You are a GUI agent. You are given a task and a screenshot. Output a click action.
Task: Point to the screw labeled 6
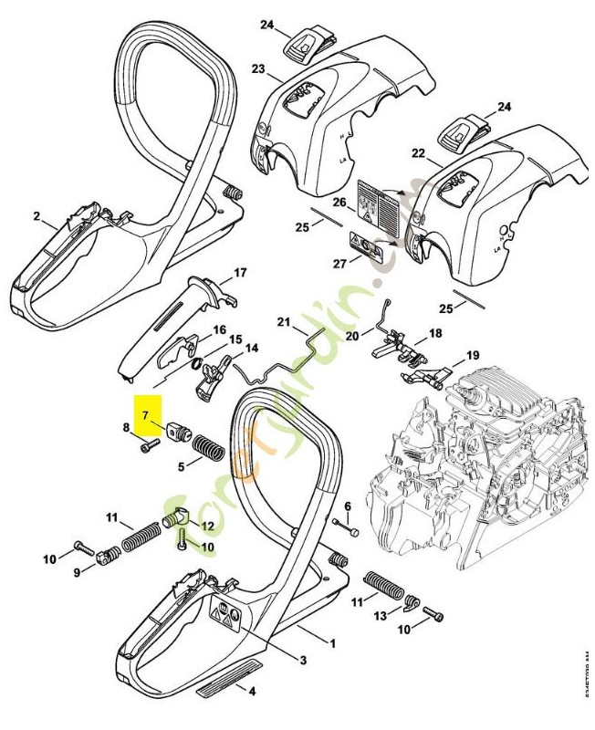pyautogui.click(x=349, y=526)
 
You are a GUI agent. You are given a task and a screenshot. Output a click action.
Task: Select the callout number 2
pyautogui.click(x=37, y=216)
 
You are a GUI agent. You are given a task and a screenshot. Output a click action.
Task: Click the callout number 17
pyautogui.click(x=240, y=273)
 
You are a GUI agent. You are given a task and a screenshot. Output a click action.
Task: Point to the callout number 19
pyautogui.click(x=472, y=355)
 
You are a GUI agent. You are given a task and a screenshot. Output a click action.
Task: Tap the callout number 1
pyautogui.click(x=332, y=643)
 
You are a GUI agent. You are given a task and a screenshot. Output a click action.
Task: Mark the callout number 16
pyautogui.click(x=219, y=329)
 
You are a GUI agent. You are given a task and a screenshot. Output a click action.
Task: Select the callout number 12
pyautogui.click(x=207, y=526)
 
